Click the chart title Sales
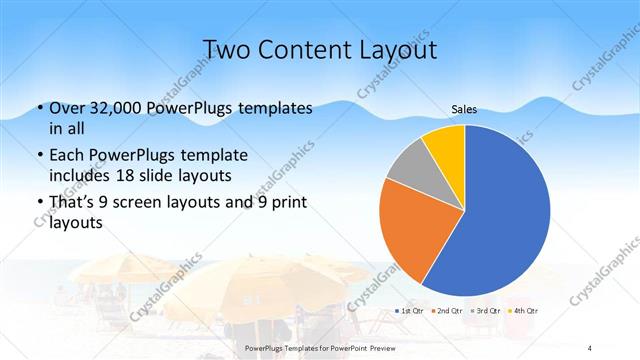tap(464, 109)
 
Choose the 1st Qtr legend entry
tap(407, 312)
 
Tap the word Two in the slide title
tap(223, 49)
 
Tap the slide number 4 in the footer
tap(590, 346)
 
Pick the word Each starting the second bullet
tap(66, 156)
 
